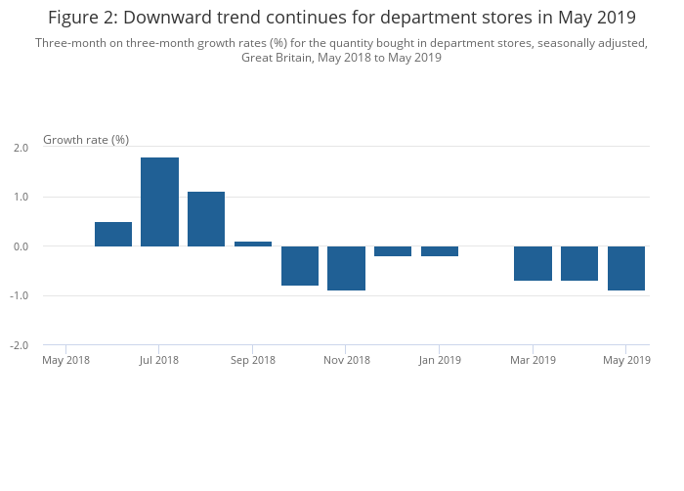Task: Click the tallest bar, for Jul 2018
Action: [x=159, y=201]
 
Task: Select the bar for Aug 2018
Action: [x=206, y=219]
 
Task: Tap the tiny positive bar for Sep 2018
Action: [x=253, y=244]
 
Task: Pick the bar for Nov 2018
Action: [x=346, y=268]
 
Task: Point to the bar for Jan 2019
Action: [x=440, y=251]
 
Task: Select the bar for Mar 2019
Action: [x=533, y=263]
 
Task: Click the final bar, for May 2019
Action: [x=626, y=268]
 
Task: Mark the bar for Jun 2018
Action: [x=113, y=234]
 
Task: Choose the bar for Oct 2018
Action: [x=300, y=266]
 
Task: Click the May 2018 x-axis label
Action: [x=66, y=361]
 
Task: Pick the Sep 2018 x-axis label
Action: [x=253, y=361]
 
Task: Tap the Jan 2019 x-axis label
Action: [x=440, y=361]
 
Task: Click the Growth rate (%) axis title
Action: [x=86, y=140]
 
